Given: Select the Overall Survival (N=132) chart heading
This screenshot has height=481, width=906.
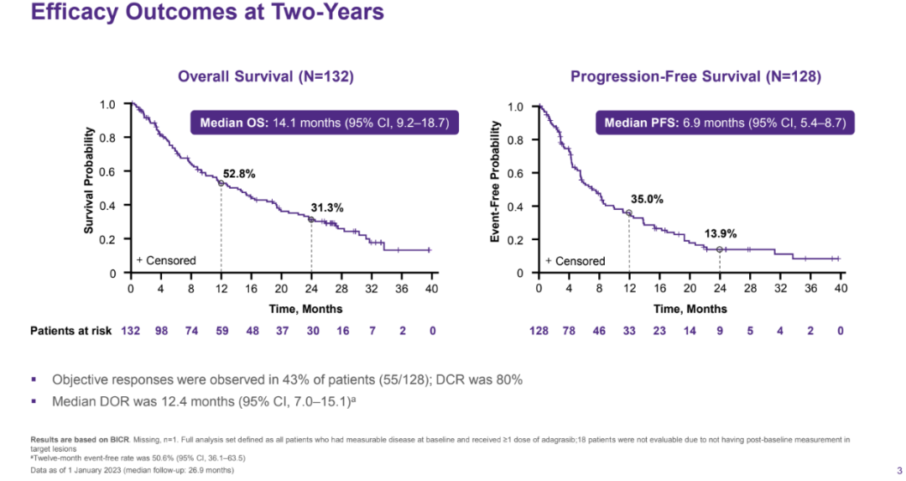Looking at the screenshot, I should point(265,76).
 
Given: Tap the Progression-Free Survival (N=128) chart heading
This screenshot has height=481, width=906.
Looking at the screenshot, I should point(695,76).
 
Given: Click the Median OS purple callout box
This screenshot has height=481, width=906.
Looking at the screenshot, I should point(325,123).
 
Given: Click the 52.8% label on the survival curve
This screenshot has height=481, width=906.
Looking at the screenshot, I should point(239,173).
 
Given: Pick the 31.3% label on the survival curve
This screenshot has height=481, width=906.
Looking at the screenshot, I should point(327,207).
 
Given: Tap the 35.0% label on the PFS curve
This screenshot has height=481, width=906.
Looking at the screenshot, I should point(647,199).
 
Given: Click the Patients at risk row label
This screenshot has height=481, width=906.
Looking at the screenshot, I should point(71,331).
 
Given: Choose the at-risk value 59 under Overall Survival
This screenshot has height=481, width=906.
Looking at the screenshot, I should point(221,331).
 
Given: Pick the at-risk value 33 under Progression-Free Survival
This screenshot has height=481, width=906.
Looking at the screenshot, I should point(629,331).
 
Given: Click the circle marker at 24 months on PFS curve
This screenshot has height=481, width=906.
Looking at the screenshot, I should point(719,249).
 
